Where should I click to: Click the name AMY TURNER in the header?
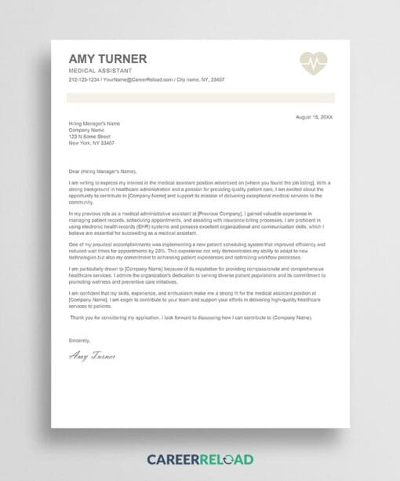(107, 59)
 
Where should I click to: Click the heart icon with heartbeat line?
(314, 63)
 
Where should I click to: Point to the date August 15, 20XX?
(314, 116)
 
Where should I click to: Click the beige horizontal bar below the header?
(200, 97)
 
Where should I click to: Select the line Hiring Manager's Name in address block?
(94, 123)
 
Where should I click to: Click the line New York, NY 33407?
(91, 143)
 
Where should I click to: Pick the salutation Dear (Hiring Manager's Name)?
(103, 171)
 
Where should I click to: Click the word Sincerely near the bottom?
(79, 340)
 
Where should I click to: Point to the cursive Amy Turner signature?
(92, 356)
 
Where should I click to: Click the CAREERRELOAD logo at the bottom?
(200, 458)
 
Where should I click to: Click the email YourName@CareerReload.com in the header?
(138, 80)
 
